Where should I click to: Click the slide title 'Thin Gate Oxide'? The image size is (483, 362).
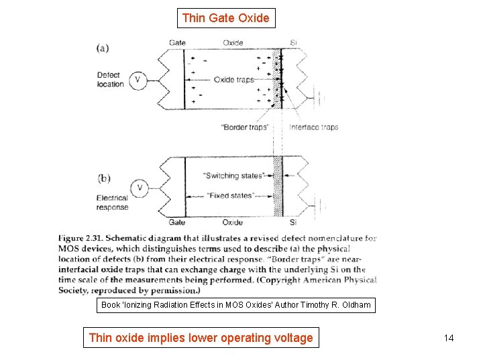[226, 18]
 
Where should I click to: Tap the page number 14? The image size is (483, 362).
[449, 338]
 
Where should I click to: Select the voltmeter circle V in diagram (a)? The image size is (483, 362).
[138, 80]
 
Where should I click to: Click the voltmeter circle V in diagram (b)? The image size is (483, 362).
[139, 187]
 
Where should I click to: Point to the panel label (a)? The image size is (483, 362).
[103, 48]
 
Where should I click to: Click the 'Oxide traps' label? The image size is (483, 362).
[233, 80]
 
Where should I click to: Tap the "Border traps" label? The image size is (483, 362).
[244, 127]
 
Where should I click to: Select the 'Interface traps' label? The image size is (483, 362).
[314, 127]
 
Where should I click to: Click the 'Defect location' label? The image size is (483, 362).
[111, 80]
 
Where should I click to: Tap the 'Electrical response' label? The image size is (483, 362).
[112, 202]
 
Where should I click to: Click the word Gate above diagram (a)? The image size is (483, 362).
[177, 43]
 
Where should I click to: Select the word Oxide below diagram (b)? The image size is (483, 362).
[232, 222]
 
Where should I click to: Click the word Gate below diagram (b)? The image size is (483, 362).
[176, 222]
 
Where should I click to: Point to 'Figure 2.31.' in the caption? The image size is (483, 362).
[80, 238]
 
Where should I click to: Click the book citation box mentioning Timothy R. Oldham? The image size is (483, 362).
[235, 305]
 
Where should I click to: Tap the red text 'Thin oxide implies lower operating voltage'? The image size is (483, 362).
[201, 338]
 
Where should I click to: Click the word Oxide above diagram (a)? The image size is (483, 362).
[233, 43]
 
